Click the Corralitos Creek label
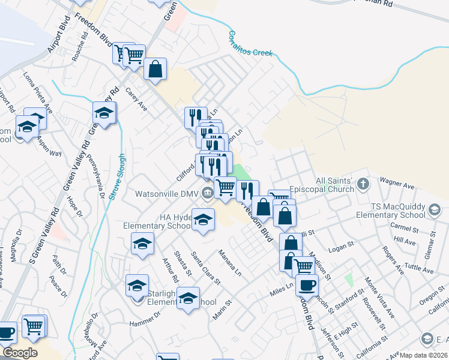pos(247,44)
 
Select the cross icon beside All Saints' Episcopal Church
pos(363,182)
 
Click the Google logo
pos(19,353)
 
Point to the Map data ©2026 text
pos(423,355)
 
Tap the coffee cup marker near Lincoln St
pos(307,285)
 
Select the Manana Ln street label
pos(229,263)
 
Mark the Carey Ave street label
pos(136,98)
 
